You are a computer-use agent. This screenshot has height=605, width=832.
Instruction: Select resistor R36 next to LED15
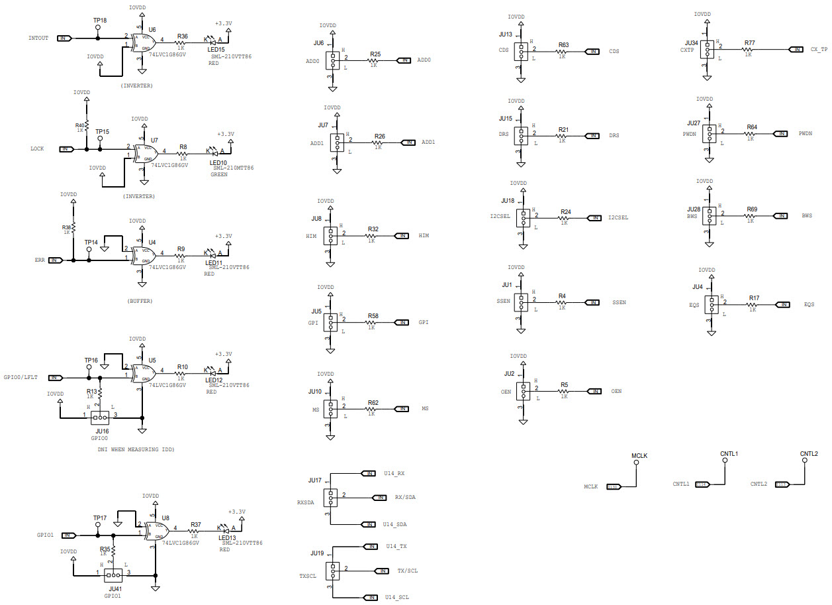[x=182, y=42]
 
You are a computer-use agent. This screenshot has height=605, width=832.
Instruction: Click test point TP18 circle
[x=99, y=28]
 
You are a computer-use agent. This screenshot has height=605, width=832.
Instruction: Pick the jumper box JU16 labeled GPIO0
[x=101, y=417]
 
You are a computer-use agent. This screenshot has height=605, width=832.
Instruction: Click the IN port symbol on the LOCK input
[x=66, y=149]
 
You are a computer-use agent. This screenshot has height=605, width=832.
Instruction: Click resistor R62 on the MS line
[x=373, y=408]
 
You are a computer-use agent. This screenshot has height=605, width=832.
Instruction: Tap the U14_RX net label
[x=394, y=473]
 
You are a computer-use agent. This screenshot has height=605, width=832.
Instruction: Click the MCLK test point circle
[x=636, y=463]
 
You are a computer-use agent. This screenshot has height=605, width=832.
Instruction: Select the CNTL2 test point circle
[x=805, y=461]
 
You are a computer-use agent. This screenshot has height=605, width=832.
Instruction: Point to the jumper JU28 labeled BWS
[x=710, y=215]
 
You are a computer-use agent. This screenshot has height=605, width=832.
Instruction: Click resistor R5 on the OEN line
[x=564, y=392]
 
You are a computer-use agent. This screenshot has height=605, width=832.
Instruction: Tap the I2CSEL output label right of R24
[x=618, y=217]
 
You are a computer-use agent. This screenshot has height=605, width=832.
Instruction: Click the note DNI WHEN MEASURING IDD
[x=135, y=449]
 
